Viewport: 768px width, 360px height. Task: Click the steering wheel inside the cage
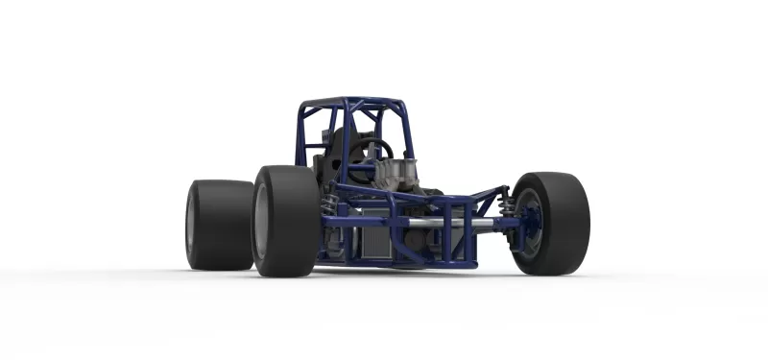point(374,149)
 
